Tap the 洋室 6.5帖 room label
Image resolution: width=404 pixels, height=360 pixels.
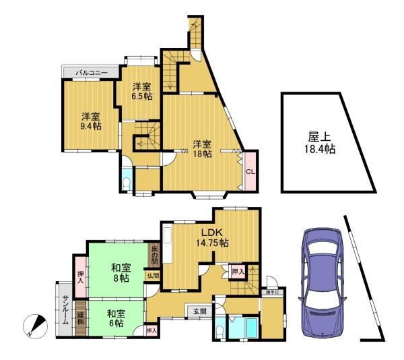[141, 91]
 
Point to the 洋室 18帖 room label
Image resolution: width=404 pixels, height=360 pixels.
[202, 148]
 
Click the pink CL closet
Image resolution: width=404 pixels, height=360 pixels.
[250, 173]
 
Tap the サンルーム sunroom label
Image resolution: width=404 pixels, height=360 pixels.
[65, 311]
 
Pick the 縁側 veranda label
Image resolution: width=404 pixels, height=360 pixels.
[81, 319]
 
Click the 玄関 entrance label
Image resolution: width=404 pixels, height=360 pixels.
[200, 311]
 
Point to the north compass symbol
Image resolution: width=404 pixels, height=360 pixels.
[35, 326]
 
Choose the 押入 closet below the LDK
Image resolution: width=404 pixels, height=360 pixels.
[237, 271]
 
